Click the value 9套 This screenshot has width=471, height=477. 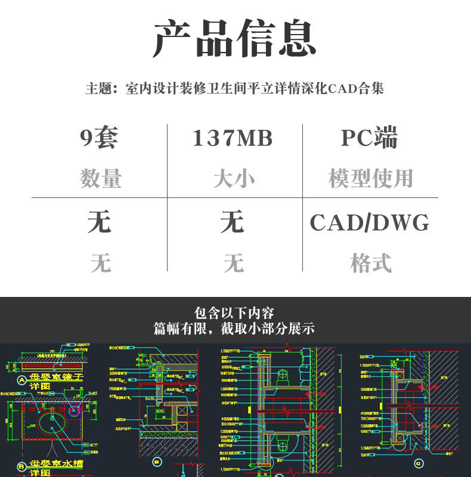[x=100, y=138]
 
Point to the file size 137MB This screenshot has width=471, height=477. [x=233, y=138]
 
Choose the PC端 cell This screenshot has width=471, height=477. [x=370, y=138]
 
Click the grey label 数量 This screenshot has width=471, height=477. [x=100, y=178]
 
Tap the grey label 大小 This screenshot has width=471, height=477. [x=233, y=178]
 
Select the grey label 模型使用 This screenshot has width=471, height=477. [x=371, y=178]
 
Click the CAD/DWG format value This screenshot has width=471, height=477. [x=370, y=223]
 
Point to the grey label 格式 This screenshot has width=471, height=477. [x=371, y=263]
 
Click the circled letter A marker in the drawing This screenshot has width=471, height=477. [x=22, y=380]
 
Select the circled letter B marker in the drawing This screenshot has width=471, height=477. [x=22, y=466]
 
